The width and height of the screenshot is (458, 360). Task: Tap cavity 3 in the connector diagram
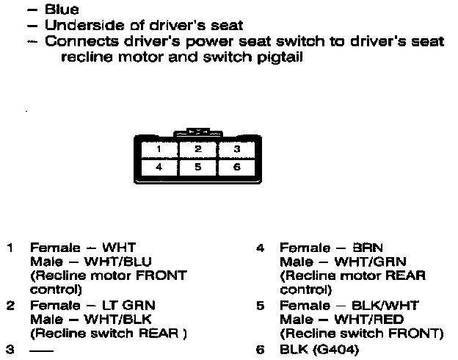236,148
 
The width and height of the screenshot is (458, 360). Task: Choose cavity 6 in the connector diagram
236,167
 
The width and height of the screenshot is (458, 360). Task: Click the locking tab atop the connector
197,133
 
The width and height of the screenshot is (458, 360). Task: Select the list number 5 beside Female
261,305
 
